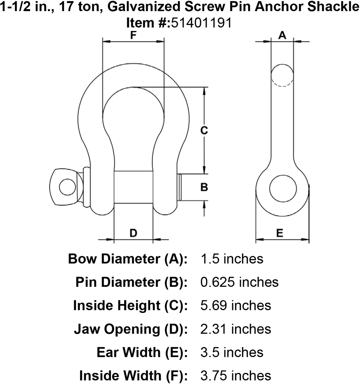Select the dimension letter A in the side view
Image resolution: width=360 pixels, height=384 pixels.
coord(282,35)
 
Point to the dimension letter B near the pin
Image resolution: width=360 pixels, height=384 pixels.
coord(204,187)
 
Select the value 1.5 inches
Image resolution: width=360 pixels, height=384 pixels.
coord(232,259)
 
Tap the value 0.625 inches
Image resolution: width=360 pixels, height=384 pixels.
coord(239,282)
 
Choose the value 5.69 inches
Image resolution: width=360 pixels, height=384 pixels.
coord(236,306)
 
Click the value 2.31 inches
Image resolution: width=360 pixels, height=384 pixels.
coord(236,329)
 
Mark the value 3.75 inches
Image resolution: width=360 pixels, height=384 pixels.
coord(236,376)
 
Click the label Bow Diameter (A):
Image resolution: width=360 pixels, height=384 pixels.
coord(128,259)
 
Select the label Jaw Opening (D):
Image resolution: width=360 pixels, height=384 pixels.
coord(130,329)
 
